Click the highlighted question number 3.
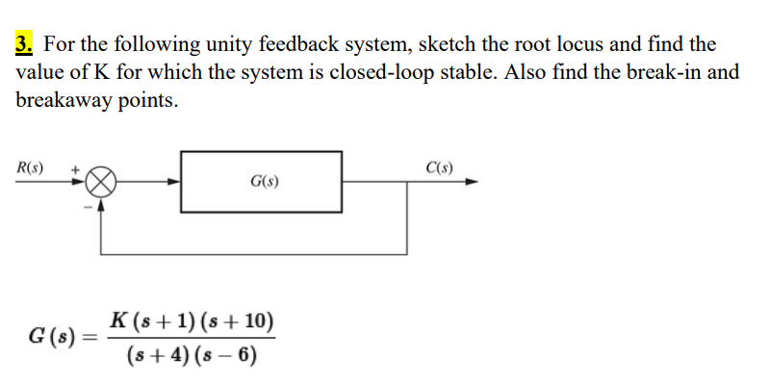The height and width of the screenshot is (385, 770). (25, 44)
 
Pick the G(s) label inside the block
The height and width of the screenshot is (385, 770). (264, 181)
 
